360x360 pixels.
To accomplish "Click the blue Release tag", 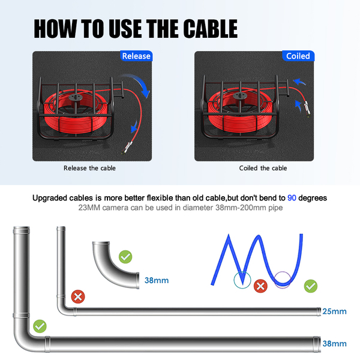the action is tap(136, 56).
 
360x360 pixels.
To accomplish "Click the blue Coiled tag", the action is tap(298, 56).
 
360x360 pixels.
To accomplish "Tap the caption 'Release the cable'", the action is tap(89, 168).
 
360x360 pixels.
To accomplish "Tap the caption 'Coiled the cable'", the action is tap(263, 168).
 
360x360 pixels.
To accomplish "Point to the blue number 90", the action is tap(292, 198).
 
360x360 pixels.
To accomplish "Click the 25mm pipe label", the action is tap(334, 311).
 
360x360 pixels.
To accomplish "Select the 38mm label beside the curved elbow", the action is tap(157, 280).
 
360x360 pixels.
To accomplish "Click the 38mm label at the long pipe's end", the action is tap(334, 344).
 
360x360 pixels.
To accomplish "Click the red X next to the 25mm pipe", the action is tap(78, 296).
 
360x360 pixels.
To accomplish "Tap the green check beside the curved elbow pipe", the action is tap(125, 257).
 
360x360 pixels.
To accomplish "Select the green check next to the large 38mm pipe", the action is tap(40, 326).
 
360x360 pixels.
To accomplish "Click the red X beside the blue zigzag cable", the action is tap(260, 286).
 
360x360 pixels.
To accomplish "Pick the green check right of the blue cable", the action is tap(311, 286).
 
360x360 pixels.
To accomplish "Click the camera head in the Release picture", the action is tap(127, 148).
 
